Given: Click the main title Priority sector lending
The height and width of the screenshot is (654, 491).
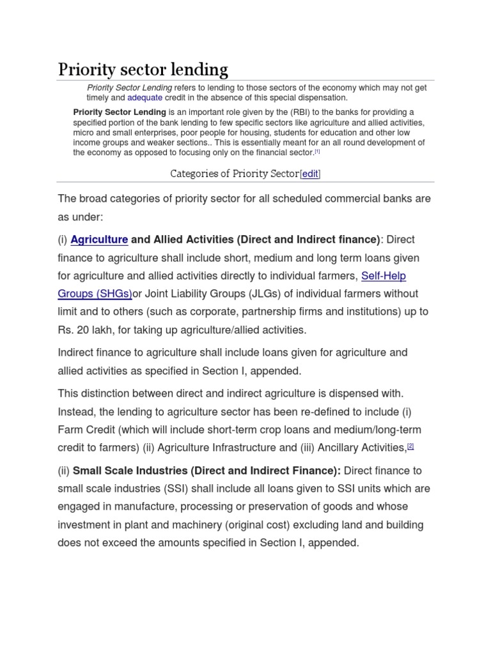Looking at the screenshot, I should pos(143,69).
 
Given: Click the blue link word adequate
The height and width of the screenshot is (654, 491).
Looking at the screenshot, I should pos(144,98).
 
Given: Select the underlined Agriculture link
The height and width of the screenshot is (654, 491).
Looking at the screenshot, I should pos(99,240).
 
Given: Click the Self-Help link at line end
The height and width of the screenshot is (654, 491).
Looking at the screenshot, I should pos(384,276).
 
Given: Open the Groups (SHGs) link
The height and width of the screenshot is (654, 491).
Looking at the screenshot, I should pos(95,294).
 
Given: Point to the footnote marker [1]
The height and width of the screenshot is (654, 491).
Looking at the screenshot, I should pos(317,152).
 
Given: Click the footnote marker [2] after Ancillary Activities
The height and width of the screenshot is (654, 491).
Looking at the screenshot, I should pos(410,447).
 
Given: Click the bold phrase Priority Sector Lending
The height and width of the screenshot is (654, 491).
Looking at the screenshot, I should pos(120,112).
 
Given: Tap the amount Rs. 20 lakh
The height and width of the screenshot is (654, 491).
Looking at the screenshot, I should pos(86,330).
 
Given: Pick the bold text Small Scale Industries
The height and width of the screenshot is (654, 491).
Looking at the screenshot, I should pos(130,471).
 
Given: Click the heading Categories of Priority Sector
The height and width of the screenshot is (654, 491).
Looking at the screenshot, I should pos(234,174).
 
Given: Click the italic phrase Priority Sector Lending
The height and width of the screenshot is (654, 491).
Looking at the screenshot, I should pos(129,87).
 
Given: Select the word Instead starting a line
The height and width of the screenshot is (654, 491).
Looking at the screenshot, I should pos(77,411).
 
